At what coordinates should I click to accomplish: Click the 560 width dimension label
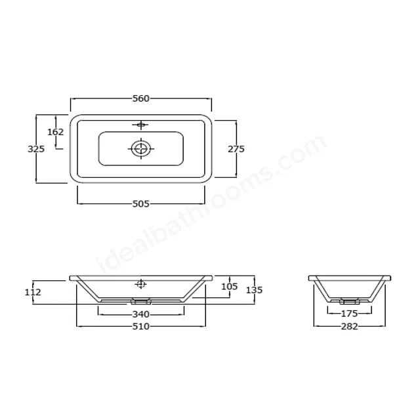141,98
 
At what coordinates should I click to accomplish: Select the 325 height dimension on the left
36,149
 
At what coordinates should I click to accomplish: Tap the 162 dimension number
56,132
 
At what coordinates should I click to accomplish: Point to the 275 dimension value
236,149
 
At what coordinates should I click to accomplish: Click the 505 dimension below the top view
141,203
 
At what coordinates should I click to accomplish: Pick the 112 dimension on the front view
33,292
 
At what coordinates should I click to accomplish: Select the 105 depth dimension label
229,286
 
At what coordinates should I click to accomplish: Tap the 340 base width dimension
141,314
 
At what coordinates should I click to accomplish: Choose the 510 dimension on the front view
141,326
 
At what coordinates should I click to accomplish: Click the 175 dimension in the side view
349,314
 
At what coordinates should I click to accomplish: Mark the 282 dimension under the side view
349,326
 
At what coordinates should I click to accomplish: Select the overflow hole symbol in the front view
140,284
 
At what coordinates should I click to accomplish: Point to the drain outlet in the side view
349,302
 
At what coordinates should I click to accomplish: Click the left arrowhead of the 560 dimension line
72,98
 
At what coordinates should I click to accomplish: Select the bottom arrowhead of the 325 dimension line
36,181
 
